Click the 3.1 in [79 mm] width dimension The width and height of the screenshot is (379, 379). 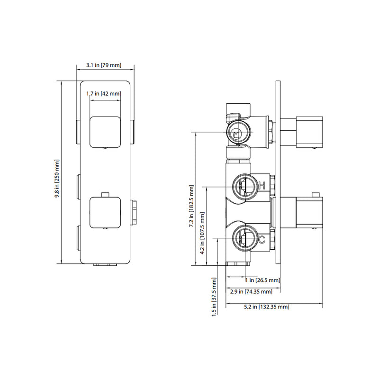coord(104,65)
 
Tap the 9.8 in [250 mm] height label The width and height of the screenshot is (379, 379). coord(57,172)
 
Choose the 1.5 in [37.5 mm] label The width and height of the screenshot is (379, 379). coord(214,297)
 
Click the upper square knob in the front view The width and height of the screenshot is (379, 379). coord(105,131)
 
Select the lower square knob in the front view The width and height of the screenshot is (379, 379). coord(105,213)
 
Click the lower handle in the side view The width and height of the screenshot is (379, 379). coord(308,213)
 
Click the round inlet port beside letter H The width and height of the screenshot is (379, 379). coord(244,185)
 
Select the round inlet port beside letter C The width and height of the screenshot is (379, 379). coord(244,238)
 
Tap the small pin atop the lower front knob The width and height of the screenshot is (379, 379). coord(105,194)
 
